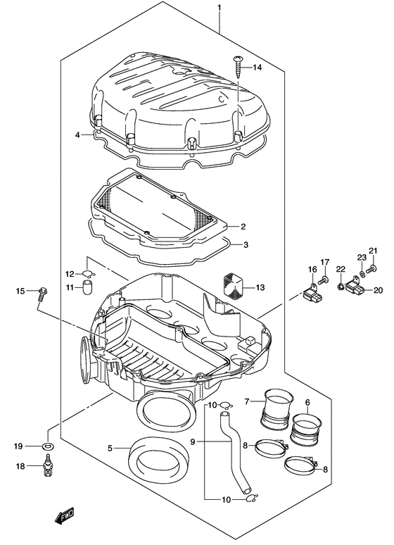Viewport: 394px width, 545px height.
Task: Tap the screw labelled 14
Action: tap(236, 67)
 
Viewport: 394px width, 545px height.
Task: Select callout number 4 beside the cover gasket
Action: tap(77, 134)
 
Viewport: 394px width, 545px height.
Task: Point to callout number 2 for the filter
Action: tap(243, 227)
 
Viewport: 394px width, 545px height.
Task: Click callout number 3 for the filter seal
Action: tap(245, 245)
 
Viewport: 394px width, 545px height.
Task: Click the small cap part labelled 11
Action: tap(87, 286)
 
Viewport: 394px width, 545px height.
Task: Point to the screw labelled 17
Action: tap(323, 280)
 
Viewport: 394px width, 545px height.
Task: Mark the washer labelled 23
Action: tap(362, 272)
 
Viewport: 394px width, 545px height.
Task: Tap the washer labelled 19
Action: tap(49, 446)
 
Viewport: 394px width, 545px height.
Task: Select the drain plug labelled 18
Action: tap(49, 468)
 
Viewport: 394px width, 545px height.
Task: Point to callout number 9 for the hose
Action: tap(193, 441)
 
